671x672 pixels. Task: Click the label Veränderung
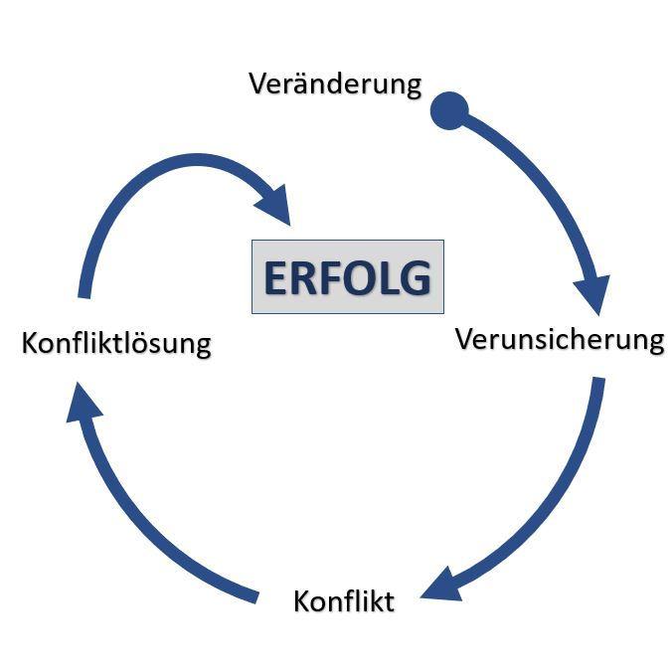tap(335, 84)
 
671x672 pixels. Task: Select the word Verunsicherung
tap(559, 339)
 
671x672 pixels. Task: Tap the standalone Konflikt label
tap(344, 601)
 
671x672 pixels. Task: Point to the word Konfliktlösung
tap(116, 344)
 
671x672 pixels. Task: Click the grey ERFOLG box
tap(347, 277)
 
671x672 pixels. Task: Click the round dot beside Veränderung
tap(448, 110)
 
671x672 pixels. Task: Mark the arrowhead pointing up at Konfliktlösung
tap(85, 404)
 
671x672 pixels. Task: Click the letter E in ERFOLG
tap(275, 278)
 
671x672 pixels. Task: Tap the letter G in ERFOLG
tap(414, 278)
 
